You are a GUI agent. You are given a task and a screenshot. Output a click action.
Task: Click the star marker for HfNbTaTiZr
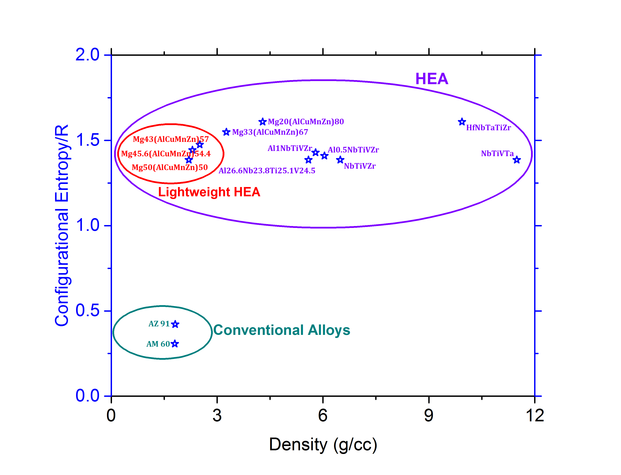pyautogui.click(x=462, y=122)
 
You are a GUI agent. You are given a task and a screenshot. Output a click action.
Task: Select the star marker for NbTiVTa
pyautogui.click(x=517, y=160)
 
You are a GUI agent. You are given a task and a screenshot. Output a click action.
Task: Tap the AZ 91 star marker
pyautogui.click(x=175, y=324)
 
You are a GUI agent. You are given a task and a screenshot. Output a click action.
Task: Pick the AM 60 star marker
pyautogui.click(x=175, y=344)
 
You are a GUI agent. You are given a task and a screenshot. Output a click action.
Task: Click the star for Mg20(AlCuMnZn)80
pyautogui.click(x=262, y=122)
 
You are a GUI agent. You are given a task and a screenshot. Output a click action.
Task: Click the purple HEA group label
pyautogui.click(x=432, y=79)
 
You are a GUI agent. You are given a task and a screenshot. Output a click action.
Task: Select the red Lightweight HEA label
pyautogui.click(x=209, y=192)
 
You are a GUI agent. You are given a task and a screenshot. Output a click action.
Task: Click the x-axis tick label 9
pyautogui.click(x=429, y=416)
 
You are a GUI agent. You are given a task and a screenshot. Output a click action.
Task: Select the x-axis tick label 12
pyautogui.click(x=534, y=416)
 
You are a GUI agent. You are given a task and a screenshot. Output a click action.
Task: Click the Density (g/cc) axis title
pyautogui.click(x=323, y=445)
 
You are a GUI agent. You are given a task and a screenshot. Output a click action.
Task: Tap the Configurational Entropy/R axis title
pyautogui.click(x=62, y=225)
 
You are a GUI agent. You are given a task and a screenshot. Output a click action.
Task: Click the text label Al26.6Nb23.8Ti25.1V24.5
pyautogui.click(x=267, y=171)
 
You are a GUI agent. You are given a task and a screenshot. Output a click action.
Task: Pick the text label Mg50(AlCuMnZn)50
pyautogui.click(x=170, y=167)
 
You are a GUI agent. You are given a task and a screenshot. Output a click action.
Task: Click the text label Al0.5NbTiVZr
pyautogui.click(x=353, y=150)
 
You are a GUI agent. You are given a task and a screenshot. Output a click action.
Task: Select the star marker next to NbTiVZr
pyautogui.click(x=340, y=160)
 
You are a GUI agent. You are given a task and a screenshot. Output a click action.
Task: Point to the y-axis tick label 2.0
pyautogui.click(x=88, y=55)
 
